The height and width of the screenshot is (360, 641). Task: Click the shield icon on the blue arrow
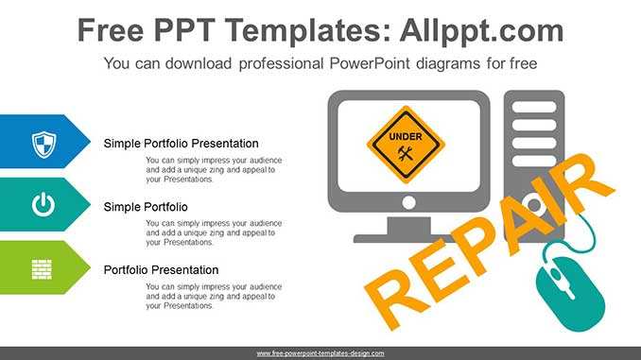pyautogui.click(x=44, y=145)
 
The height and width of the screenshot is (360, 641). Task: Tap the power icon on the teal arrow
pyautogui.click(x=43, y=205)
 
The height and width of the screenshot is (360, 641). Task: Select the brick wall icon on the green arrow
pyautogui.click(x=42, y=269)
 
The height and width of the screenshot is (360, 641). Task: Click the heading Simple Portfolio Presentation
pyautogui.click(x=182, y=144)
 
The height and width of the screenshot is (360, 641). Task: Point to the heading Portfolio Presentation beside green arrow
pyautogui.click(x=161, y=269)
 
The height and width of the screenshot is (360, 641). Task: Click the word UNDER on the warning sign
pyautogui.click(x=406, y=136)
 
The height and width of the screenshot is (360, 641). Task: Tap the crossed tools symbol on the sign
pyautogui.click(x=406, y=154)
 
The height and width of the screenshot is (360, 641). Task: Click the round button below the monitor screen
pyautogui.click(x=408, y=202)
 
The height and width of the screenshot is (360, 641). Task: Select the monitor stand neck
pyautogui.click(x=408, y=226)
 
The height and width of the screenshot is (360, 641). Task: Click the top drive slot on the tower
pyautogui.click(x=534, y=107)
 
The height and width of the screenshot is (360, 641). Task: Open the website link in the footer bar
pyautogui.click(x=320, y=353)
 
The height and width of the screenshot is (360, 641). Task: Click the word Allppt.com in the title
pyautogui.click(x=481, y=30)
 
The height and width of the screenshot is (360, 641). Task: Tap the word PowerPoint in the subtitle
pyautogui.click(x=370, y=63)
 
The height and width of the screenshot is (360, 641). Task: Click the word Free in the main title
pyautogui.click(x=111, y=30)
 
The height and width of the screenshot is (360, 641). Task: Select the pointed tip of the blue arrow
pyautogui.click(x=90, y=142)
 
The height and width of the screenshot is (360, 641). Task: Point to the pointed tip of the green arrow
pyautogui.click(x=90, y=267)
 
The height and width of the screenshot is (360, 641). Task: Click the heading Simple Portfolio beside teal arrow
pyautogui.click(x=146, y=207)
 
